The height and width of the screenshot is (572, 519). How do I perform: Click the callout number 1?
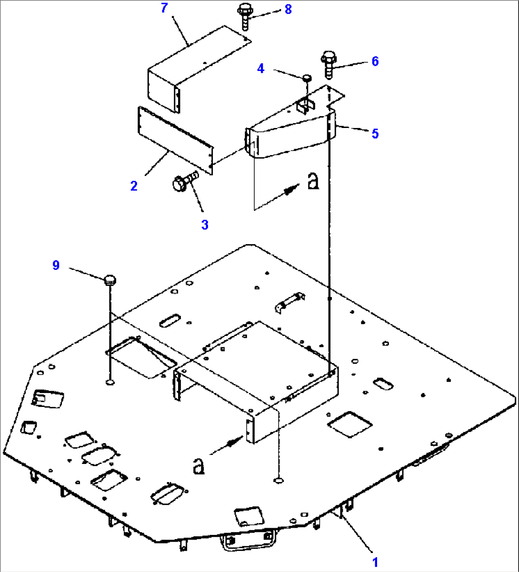375,562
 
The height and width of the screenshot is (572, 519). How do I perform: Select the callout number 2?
134,186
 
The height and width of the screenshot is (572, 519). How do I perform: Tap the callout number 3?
205,225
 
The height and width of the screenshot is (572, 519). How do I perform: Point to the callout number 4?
260,69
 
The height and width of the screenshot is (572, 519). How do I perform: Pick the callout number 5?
375,134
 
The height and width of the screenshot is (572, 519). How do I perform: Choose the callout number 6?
375,61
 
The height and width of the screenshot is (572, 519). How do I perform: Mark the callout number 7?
164,9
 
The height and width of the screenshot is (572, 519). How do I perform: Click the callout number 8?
288,9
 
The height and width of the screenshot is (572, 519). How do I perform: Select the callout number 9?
56,265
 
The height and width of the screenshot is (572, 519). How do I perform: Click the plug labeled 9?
110,280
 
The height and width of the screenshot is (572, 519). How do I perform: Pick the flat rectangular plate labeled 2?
175,140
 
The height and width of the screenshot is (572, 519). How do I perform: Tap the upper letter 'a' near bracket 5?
312,181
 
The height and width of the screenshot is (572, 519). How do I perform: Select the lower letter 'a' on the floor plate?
198,466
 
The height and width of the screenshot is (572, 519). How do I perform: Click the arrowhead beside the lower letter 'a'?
232,443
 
